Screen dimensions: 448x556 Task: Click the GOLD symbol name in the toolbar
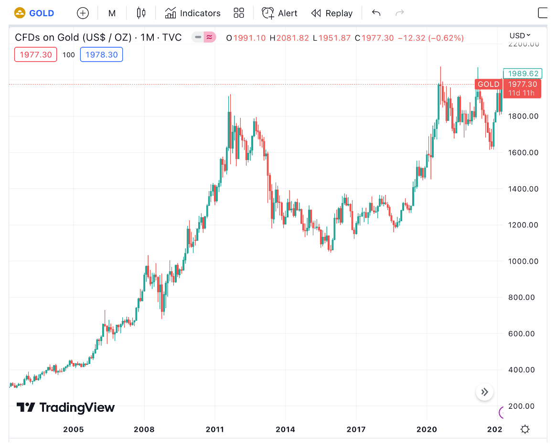point(42,13)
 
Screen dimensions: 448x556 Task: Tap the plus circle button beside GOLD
point(83,13)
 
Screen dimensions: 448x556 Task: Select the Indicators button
point(193,13)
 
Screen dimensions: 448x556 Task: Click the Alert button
point(280,13)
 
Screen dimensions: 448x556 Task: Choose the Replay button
point(332,13)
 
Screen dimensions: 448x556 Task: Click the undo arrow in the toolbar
point(376,13)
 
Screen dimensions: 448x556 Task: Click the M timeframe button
point(112,13)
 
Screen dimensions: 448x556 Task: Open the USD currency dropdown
point(520,35)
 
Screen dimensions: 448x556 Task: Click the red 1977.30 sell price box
point(36,55)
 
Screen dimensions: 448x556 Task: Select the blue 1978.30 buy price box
point(102,55)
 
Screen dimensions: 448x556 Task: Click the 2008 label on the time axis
point(144,429)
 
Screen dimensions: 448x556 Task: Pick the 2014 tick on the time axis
point(286,429)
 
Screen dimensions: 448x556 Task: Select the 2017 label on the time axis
point(356,429)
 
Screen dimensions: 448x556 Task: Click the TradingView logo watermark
point(66,407)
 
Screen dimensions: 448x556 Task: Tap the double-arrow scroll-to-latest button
point(485,392)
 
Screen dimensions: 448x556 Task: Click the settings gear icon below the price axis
point(525,429)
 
